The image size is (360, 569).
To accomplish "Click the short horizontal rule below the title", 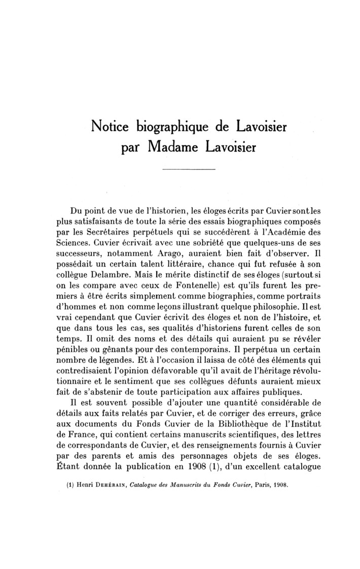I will click(189, 169).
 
